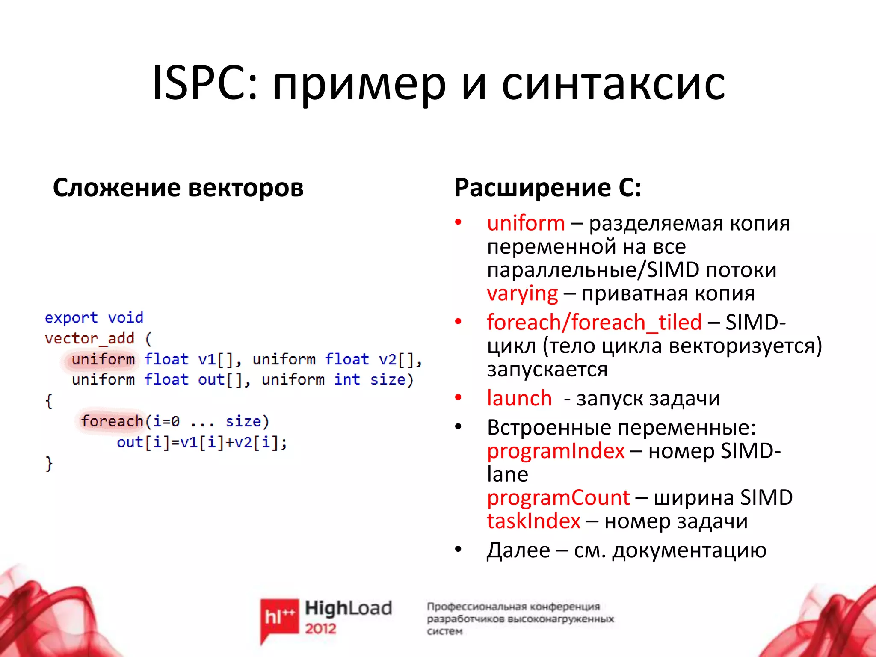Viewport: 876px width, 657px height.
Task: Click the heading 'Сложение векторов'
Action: point(178,188)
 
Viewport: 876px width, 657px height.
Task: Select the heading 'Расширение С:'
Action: point(547,188)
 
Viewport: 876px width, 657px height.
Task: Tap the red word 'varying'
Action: point(522,294)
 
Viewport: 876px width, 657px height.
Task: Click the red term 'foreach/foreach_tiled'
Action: point(594,322)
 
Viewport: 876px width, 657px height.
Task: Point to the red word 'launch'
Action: point(519,398)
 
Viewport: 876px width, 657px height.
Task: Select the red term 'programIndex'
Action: point(556,451)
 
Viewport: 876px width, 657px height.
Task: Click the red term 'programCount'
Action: point(558,497)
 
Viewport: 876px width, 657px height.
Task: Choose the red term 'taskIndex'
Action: point(533,521)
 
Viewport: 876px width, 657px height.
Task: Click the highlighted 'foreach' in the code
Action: point(112,421)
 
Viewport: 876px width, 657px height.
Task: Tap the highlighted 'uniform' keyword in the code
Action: point(103,359)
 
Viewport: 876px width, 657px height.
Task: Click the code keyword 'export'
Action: point(71,318)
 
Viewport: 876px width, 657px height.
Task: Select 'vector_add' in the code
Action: point(89,338)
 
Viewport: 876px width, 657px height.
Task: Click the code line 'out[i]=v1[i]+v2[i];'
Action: point(202,442)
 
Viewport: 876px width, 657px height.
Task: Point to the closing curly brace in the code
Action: point(49,463)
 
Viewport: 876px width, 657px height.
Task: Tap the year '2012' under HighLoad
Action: point(320,628)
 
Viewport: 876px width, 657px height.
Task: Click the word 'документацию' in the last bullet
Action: point(689,550)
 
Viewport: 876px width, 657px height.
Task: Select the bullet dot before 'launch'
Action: point(458,397)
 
